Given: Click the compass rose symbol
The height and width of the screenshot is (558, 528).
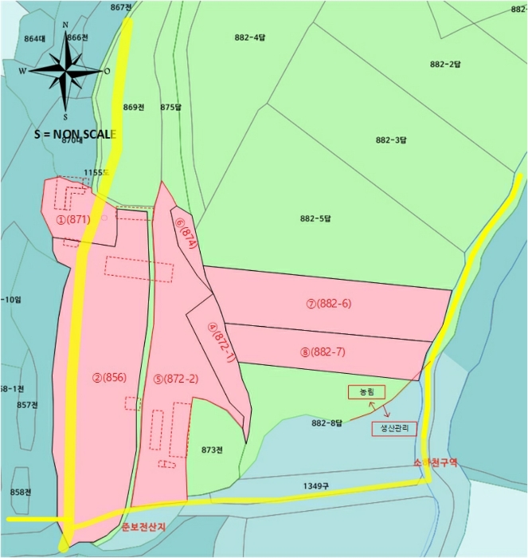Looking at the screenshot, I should [65, 69].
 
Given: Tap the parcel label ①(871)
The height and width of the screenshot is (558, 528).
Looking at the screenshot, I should [72, 219].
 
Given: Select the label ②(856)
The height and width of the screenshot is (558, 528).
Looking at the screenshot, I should [108, 379].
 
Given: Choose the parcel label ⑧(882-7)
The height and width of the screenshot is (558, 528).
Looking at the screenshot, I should [328, 352].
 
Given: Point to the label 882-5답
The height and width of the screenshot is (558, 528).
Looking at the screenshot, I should [315, 218].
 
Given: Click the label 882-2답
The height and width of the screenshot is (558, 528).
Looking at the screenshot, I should [445, 64].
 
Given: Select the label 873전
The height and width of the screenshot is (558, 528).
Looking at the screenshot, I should [211, 450].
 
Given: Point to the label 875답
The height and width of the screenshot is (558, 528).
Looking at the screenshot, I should [171, 107].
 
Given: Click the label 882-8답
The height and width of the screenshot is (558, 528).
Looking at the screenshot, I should [327, 422].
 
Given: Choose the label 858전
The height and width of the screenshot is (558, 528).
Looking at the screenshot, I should [21, 492].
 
